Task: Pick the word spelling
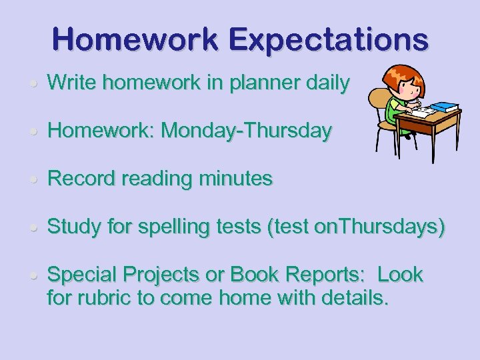169,227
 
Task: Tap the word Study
74,227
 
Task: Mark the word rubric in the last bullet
105,297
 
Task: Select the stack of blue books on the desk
445,107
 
